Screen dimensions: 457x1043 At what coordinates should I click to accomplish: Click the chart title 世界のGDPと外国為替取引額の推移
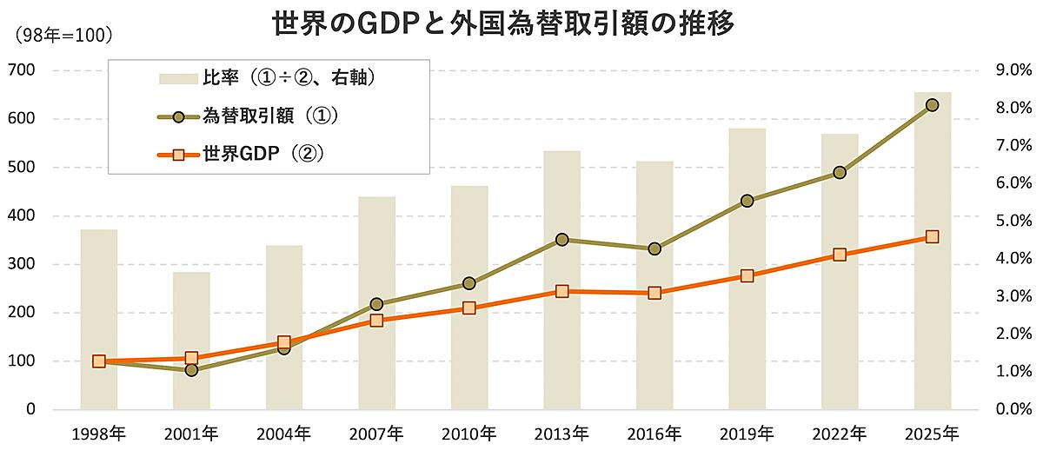pos(503,23)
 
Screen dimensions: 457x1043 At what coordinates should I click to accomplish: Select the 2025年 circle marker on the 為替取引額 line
pos(932,105)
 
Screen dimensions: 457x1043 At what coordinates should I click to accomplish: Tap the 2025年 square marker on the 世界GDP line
pos(932,236)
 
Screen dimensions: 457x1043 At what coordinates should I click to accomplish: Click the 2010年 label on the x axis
pos(469,433)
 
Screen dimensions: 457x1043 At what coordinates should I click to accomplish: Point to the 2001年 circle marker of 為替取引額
pos(191,370)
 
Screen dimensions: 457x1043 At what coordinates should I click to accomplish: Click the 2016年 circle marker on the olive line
pos(654,248)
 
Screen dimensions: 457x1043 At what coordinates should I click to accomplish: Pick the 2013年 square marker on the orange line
pos(561,291)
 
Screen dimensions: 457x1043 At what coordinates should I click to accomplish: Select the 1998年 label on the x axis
pos(98,433)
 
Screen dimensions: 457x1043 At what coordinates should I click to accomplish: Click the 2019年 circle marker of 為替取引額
pos(747,201)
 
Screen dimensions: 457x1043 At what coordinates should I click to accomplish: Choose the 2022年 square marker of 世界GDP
pos(840,255)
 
